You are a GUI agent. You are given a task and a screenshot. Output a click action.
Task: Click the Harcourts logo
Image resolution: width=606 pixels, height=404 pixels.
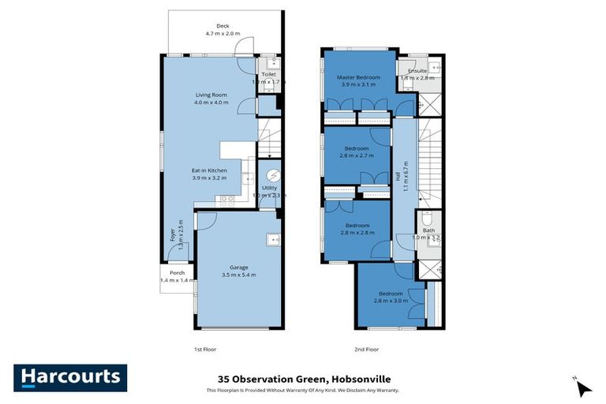click(70, 378)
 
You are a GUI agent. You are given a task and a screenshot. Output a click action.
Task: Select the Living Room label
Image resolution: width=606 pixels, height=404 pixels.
click(211, 95)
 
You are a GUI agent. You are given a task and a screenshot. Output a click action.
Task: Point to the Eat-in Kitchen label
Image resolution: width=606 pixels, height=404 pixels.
click(209, 170)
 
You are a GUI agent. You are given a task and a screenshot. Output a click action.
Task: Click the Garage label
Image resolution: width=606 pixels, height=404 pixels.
click(239, 267)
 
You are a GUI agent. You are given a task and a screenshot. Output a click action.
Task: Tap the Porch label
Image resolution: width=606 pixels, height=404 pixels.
click(177, 273)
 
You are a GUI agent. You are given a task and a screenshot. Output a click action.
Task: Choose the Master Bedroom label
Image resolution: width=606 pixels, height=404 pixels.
click(358, 77)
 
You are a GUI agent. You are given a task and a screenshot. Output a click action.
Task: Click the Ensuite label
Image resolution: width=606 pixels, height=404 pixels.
click(418, 70)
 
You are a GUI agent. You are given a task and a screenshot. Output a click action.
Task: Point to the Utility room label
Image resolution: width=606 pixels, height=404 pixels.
click(269, 188)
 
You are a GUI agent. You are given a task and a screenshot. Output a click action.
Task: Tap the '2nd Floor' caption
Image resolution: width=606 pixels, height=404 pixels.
click(367, 349)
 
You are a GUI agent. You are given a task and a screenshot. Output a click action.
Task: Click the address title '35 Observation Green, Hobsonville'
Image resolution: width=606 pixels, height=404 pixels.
click(303, 379)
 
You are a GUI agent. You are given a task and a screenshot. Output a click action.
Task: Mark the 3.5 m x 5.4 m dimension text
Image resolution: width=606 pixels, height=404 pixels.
click(239, 275)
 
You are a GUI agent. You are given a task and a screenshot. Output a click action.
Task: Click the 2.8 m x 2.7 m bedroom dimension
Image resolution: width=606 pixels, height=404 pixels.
click(357, 156)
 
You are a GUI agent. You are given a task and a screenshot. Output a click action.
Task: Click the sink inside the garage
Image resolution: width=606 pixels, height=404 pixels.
click(273, 239)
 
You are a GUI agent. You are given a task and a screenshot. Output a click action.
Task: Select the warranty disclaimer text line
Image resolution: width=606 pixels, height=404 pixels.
click(303, 391)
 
